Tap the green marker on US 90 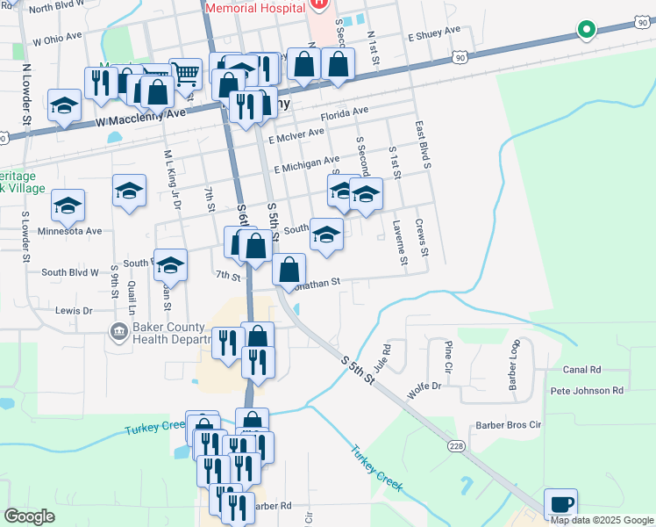586,30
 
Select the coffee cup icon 560,505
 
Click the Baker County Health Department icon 118,331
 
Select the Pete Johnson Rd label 587,390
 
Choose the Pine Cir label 448,356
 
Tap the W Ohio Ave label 61,40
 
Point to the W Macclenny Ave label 141,115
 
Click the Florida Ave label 344,114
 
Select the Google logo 29,516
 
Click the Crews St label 423,237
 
